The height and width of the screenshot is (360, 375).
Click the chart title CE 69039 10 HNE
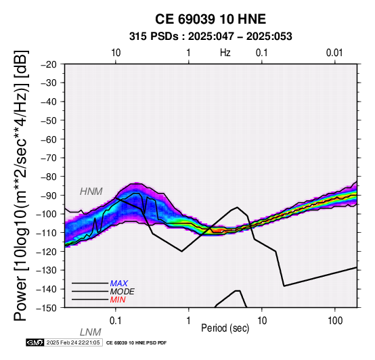211,19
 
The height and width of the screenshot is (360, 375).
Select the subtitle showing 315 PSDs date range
211,37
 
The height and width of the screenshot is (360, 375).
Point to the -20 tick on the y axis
49,64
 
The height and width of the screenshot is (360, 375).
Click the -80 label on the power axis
49,177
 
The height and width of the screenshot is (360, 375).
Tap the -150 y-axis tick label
47,308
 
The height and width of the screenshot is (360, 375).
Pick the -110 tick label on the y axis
47,233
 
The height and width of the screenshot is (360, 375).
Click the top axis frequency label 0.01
334,53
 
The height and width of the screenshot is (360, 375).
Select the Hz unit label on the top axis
225,53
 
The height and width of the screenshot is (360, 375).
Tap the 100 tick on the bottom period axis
335,321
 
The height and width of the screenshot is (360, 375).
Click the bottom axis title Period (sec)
225,328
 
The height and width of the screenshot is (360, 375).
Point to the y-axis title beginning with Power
21,185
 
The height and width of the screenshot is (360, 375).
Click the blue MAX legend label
119,284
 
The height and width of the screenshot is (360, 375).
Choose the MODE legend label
123,292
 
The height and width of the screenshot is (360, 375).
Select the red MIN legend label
118,300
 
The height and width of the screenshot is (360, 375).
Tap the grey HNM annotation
91,192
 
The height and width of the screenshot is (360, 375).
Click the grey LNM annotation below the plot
91,332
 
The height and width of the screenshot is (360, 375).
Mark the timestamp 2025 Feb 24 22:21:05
73,342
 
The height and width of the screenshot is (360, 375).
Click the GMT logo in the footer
35,342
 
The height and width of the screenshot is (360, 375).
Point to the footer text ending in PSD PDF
136,343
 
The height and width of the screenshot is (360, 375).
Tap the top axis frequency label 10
116,53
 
